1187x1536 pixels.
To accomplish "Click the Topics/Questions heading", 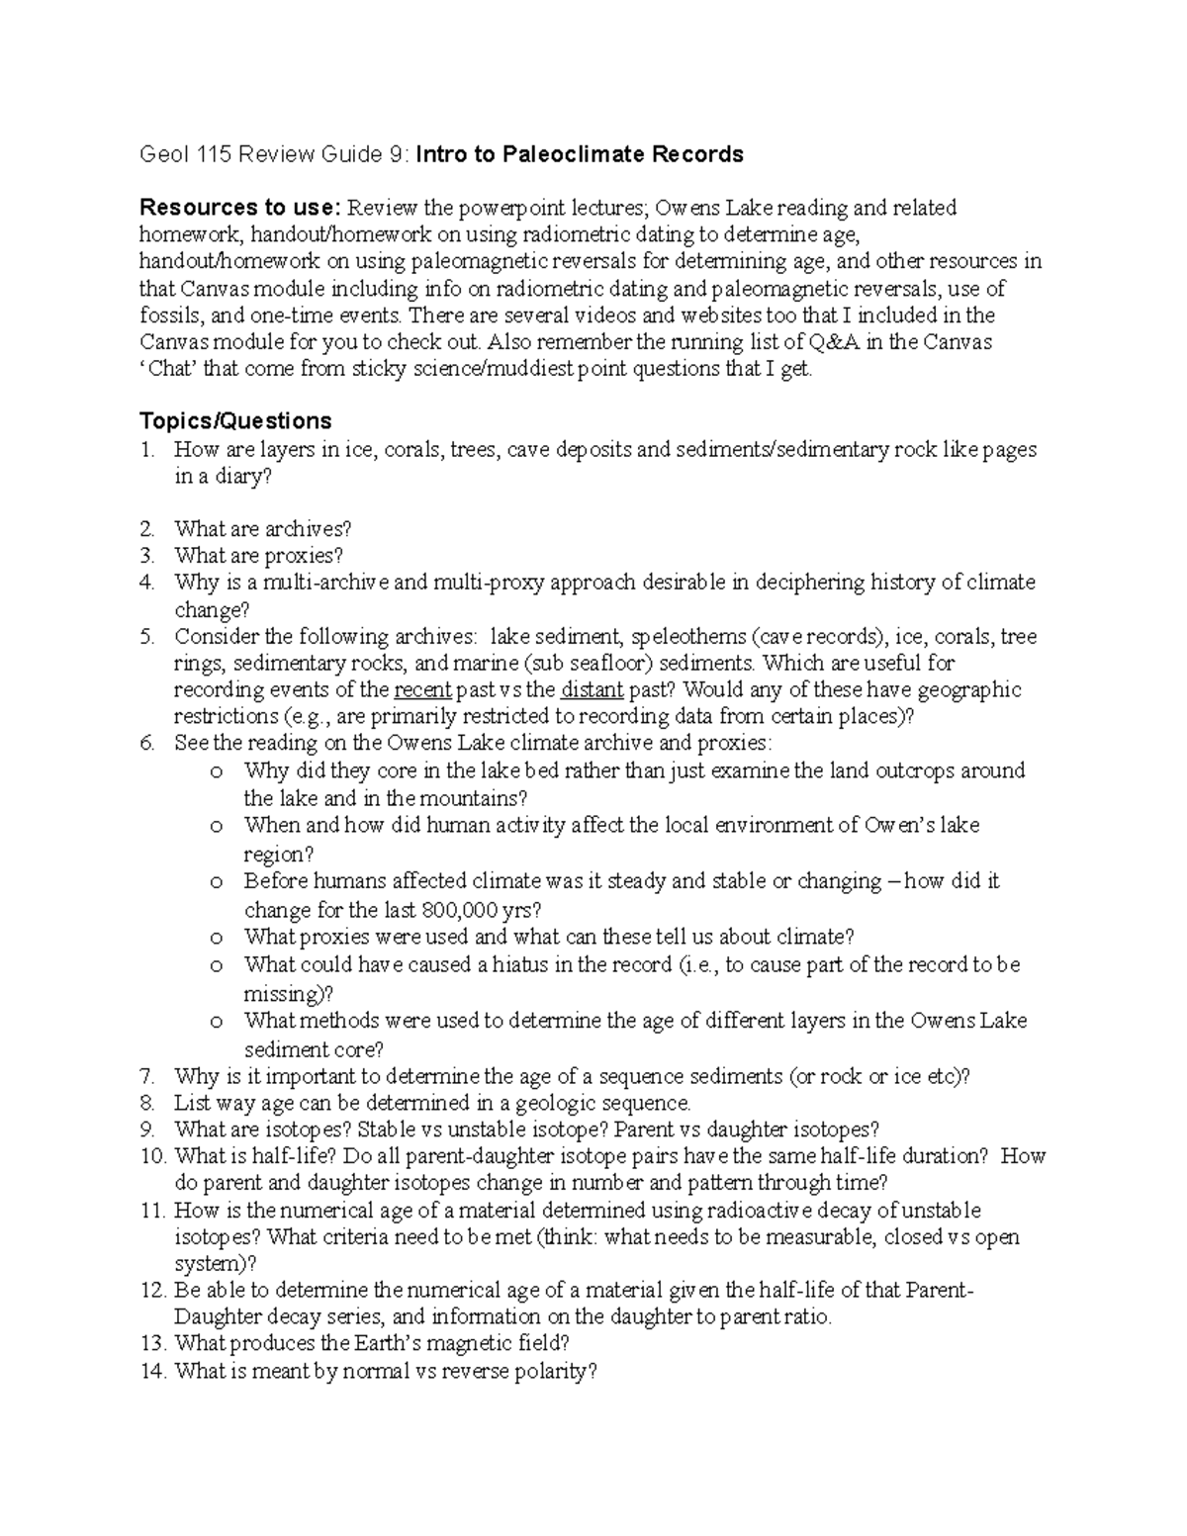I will pos(235,421).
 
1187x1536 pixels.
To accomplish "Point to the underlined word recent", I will pos(422,690).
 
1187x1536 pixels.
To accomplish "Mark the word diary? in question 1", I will pos(239,476).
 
